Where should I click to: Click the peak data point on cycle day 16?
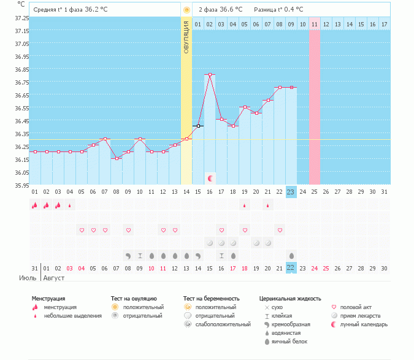pyautogui.click(x=210, y=75)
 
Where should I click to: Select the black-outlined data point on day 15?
pyautogui.click(x=198, y=126)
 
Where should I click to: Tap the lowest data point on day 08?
pyautogui.click(x=117, y=158)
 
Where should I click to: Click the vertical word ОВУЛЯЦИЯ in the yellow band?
pyautogui.click(x=186, y=36)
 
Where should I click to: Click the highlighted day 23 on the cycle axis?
pyautogui.click(x=291, y=192)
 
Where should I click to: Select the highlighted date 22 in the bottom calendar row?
pyautogui.click(x=291, y=268)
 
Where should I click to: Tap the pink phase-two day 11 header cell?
pyautogui.click(x=314, y=24)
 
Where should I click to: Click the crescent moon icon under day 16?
pyautogui.click(x=210, y=178)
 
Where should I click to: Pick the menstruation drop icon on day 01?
pyautogui.click(x=35, y=205)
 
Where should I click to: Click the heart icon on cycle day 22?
pyautogui.click(x=280, y=230)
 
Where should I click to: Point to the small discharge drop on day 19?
pyautogui.click(x=245, y=206)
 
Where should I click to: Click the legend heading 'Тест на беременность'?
pyautogui.click(x=211, y=299)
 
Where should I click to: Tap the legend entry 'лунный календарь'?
pyautogui.click(x=364, y=324)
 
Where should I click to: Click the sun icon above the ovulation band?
pyautogui.click(x=186, y=10)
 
